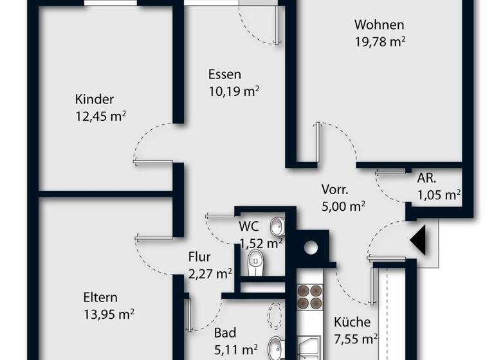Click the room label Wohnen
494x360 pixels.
(x=379, y=25)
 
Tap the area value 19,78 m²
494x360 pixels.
(x=379, y=42)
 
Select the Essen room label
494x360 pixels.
(x=224, y=74)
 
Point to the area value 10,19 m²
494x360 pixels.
(x=233, y=91)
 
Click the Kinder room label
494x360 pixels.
(x=94, y=100)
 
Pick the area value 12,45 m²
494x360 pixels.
(x=100, y=116)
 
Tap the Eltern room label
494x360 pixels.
(x=100, y=298)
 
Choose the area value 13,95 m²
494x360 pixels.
(x=108, y=314)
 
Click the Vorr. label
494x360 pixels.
(x=334, y=190)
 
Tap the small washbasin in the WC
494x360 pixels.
(x=277, y=226)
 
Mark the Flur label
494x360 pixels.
(x=199, y=257)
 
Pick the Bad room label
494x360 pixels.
(x=225, y=333)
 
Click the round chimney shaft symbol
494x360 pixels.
(x=311, y=247)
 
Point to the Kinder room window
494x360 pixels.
(x=111, y=3)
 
